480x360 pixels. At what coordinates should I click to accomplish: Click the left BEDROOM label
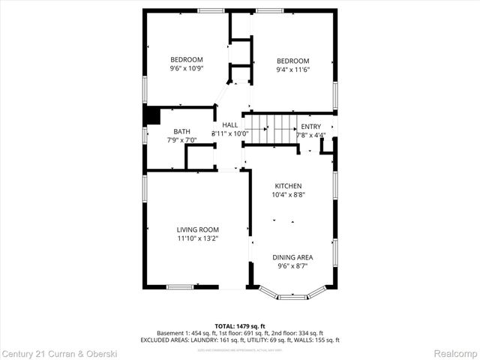pyautogui.click(x=187, y=60)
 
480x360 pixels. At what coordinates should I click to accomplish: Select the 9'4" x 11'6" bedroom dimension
pyautogui.click(x=292, y=70)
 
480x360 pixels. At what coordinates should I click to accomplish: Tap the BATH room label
pyautogui.click(x=181, y=130)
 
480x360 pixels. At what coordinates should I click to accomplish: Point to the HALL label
pyautogui.click(x=229, y=124)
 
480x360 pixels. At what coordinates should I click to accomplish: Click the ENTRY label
pyautogui.click(x=310, y=127)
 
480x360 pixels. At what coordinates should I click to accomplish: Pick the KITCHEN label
pyautogui.click(x=288, y=186)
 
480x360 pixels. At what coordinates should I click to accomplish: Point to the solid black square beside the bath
pyautogui.click(x=153, y=115)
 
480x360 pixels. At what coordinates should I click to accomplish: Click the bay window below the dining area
pyautogui.click(x=292, y=295)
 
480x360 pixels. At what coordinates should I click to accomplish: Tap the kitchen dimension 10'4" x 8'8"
pyautogui.click(x=288, y=195)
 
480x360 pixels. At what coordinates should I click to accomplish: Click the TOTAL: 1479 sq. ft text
pyautogui.click(x=239, y=325)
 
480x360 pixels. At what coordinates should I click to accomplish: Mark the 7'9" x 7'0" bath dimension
pyautogui.click(x=181, y=139)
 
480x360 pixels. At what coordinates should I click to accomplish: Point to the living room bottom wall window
pyautogui.click(x=180, y=286)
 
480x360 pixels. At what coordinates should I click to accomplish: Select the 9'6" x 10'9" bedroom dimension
pyautogui.click(x=187, y=69)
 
